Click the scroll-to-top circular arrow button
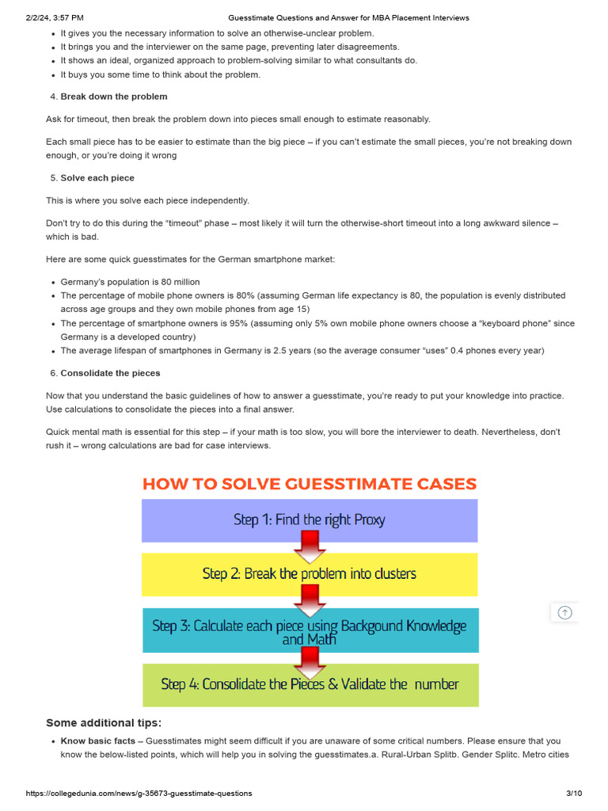point(564,612)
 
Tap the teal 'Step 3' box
point(309,630)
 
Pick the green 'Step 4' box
point(310,684)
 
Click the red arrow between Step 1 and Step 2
point(310,546)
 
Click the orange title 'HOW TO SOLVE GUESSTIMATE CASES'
point(310,484)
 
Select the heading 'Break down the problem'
point(114,97)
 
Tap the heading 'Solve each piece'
point(97,178)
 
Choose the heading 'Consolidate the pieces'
point(110,373)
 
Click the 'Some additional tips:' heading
point(104,722)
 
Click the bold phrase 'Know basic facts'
point(98,741)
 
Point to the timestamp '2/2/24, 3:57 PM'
point(55,17)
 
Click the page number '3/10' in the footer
point(574,793)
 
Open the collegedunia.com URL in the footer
point(139,793)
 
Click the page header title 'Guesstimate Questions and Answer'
point(348,17)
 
